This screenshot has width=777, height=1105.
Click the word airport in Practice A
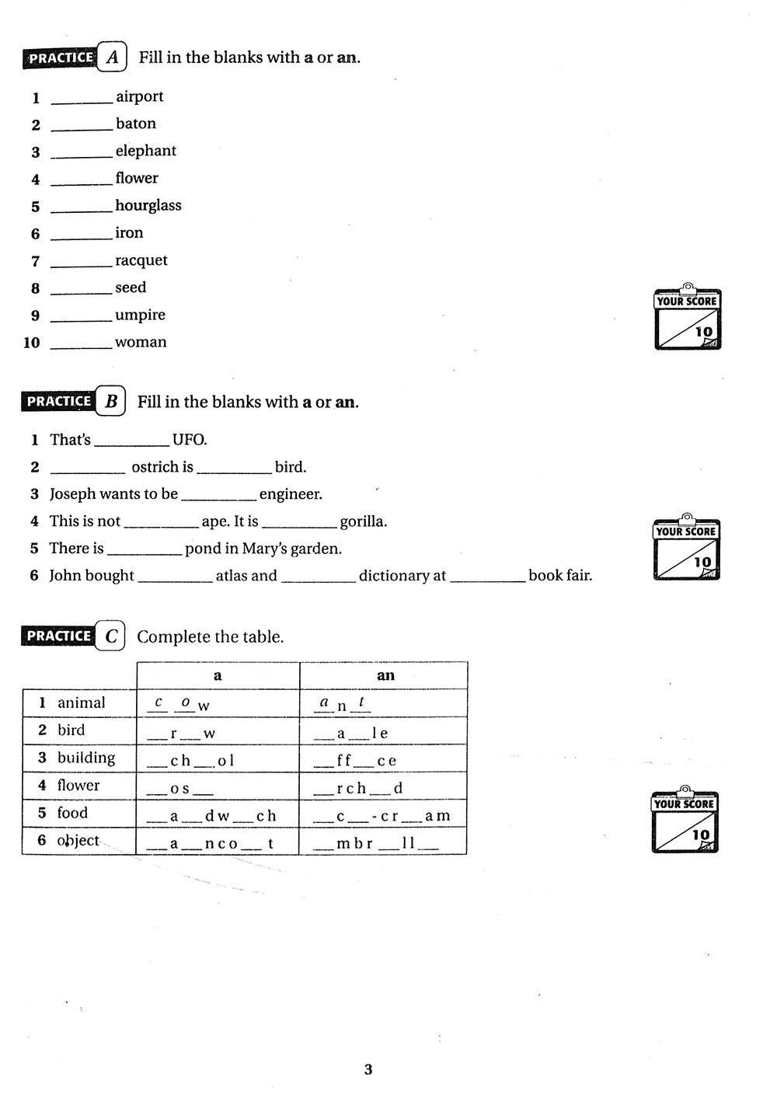tap(139, 96)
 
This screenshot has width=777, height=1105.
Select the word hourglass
tap(148, 205)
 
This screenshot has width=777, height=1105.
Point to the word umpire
tap(140, 315)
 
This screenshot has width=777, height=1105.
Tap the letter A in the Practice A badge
tap(112, 57)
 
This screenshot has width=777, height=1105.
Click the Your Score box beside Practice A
tap(688, 318)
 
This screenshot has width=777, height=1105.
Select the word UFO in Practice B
tap(189, 440)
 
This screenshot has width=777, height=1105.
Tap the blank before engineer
tap(218, 498)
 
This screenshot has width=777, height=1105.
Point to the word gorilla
tap(363, 521)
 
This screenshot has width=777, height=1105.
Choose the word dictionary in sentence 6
tap(402, 576)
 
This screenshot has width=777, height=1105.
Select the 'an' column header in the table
tap(385, 675)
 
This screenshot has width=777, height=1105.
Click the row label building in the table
tap(85, 758)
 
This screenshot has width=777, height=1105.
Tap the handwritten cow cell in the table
tap(179, 704)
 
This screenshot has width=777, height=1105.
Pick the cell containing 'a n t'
tap(342, 704)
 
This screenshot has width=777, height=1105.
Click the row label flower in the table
tap(78, 786)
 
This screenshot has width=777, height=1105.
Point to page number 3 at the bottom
tap(368, 1070)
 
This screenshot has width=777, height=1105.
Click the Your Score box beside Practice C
tap(685, 821)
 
